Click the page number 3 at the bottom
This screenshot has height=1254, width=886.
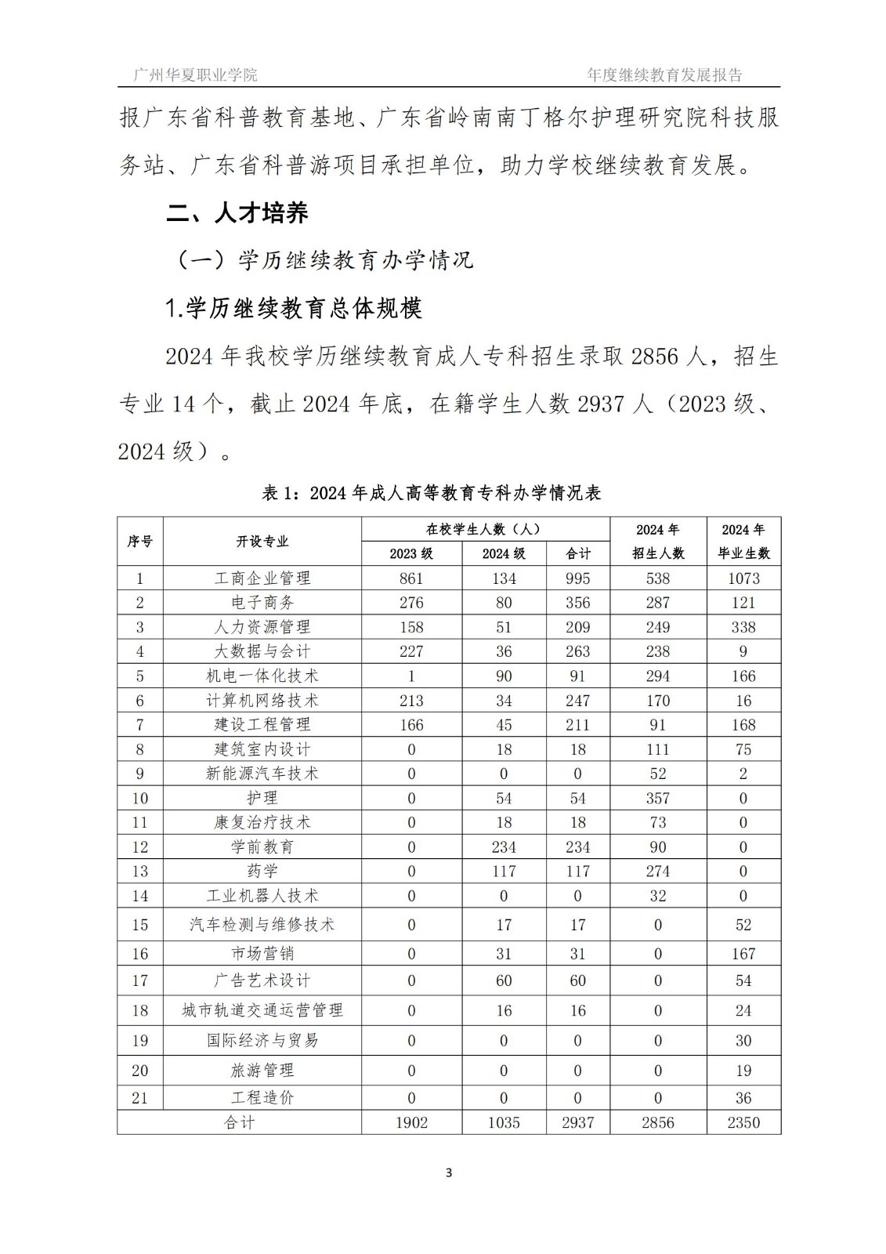pos(448,1172)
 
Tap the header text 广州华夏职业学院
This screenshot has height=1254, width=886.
pos(195,75)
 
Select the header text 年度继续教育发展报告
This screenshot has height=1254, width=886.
pos(664,75)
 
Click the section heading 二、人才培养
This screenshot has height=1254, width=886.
pos(238,212)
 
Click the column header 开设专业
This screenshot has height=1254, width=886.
pos(262,542)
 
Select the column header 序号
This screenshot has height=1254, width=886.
pos(140,542)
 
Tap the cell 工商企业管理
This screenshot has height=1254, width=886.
pos(262,578)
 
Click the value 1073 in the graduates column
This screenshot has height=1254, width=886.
pos(743,578)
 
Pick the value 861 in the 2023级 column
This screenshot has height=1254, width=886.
pos(411,578)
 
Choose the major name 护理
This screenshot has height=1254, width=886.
pos(262,798)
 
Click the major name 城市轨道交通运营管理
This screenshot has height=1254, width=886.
pos(262,1010)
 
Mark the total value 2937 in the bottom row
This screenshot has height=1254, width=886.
pos(577,1122)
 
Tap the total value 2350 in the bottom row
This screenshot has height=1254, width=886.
pos(743,1122)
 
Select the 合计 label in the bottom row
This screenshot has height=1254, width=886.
pos(239,1122)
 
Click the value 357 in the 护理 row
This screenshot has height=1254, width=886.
pos(657,798)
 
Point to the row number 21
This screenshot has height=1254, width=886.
pos(140,1098)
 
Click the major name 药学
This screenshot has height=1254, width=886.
pos(262,872)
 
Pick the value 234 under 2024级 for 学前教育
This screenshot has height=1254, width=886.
pos(503,847)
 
